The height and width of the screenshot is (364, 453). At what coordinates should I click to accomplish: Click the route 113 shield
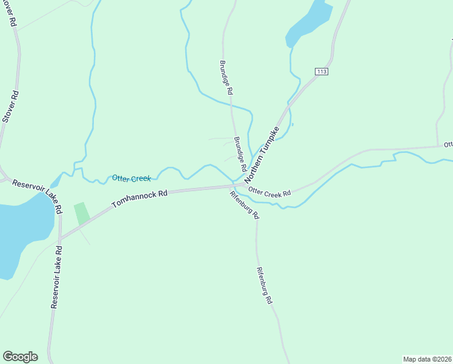click(322, 72)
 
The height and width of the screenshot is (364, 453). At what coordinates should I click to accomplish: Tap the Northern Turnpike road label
click(262, 155)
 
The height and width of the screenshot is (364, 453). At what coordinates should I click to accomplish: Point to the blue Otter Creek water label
click(131, 178)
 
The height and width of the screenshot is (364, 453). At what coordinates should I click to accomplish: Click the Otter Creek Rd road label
click(270, 192)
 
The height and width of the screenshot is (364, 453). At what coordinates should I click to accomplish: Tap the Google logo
click(20, 357)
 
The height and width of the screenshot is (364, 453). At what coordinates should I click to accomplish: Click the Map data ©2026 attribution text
click(427, 359)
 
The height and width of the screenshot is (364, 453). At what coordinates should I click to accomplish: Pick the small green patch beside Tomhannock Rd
click(82, 214)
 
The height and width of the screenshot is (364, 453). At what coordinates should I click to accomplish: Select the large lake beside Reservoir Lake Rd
click(21, 237)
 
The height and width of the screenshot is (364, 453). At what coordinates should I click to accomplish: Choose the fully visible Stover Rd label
click(10, 107)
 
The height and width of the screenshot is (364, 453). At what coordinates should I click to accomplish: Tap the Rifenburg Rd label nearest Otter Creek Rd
click(245, 205)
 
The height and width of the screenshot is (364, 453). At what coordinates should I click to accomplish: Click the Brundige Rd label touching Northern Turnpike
click(240, 153)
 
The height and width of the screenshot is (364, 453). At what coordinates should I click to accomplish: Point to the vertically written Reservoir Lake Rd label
click(56, 277)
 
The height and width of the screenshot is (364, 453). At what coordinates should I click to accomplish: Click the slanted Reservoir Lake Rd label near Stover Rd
click(38, 195)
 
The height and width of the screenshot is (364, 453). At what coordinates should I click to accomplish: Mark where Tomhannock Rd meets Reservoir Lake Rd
click(61, 237)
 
